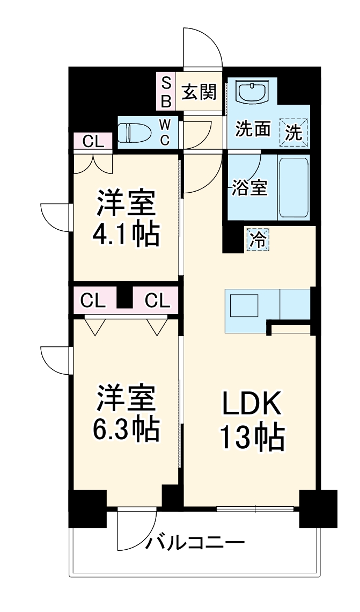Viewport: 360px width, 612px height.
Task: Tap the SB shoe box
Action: click(166, 92)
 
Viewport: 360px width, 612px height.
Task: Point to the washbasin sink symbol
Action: click(252, 92)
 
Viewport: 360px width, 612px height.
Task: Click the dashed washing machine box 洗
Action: click(294, 132)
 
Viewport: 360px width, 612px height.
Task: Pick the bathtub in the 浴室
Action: click(293, 187)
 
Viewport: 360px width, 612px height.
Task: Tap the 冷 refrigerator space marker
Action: click(258, 239)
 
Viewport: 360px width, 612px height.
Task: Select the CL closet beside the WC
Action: click(93, 142)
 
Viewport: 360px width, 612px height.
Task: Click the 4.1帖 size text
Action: click(127, 235)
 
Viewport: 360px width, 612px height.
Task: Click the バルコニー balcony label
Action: click(196, 543)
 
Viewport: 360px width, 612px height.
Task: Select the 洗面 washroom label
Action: click(253, 129)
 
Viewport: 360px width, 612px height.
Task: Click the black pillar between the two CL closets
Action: click(125, 298)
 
